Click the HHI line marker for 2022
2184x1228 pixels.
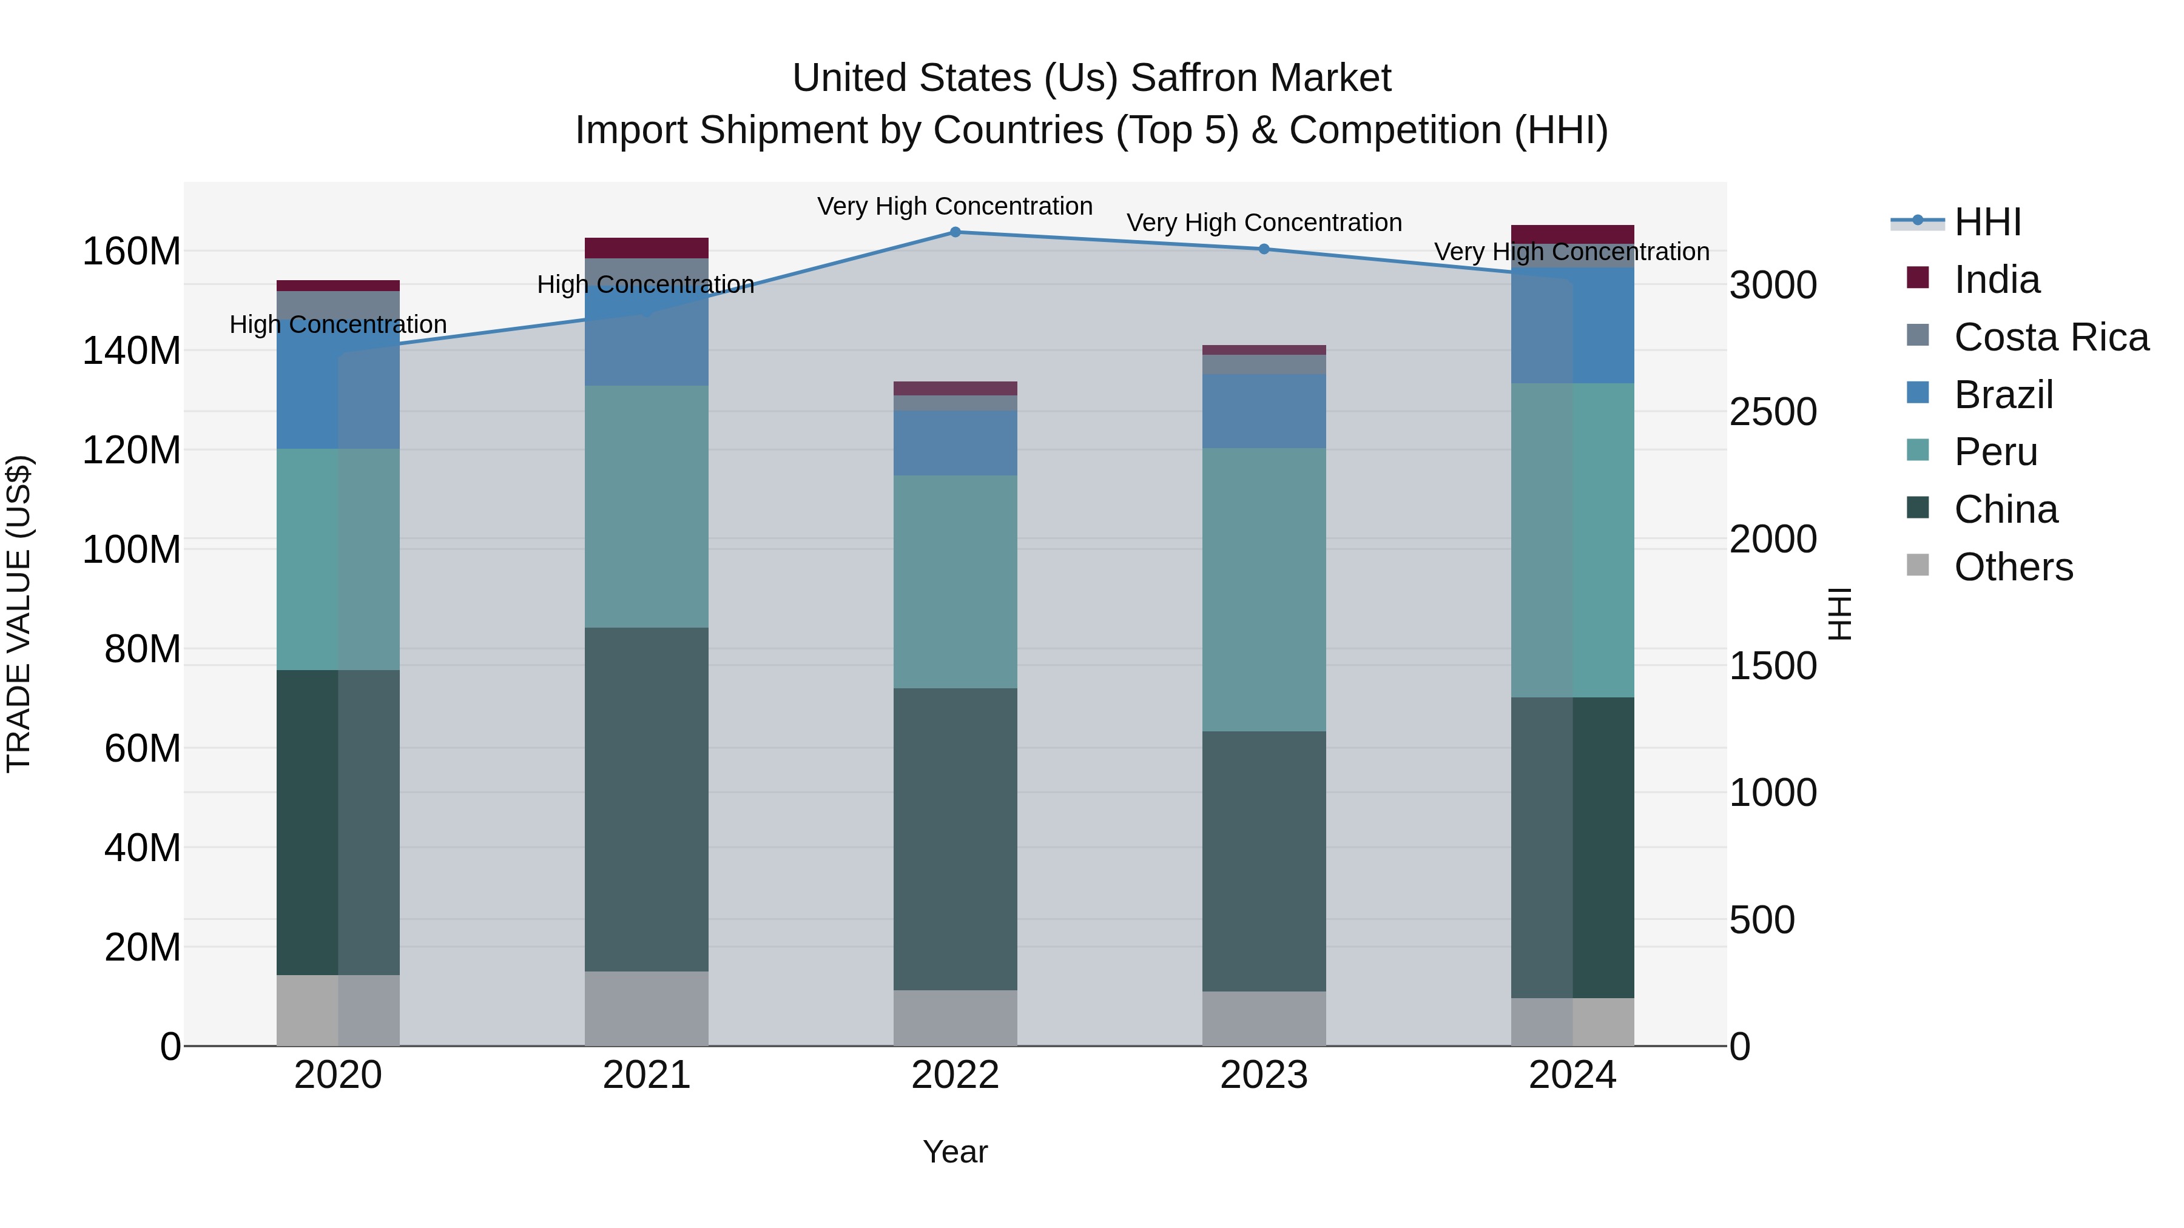(955, 232)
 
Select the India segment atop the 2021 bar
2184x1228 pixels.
(646, 247)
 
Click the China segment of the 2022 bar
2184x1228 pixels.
(955, 839)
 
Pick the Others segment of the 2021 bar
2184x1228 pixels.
(646, 1008)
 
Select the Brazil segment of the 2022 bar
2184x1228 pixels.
(955, 443)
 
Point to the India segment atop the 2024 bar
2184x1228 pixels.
(1572, 234)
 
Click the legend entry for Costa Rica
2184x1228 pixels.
(2051, 337)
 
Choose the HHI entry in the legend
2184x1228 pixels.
(1987, 222)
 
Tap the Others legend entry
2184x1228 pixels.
(2013, 567)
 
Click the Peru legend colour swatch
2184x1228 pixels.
(1918, 450)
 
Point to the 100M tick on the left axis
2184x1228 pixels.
(132, 549)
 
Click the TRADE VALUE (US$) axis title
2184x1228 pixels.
(19, 614)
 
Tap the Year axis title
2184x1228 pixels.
(955, 1152)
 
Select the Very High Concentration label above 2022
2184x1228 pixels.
(955, 206)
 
